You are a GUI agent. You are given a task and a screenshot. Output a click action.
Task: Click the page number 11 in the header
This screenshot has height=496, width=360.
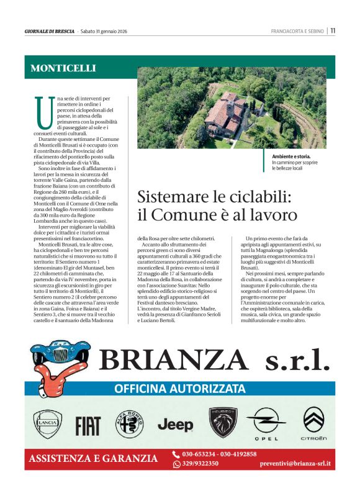coord(333,30)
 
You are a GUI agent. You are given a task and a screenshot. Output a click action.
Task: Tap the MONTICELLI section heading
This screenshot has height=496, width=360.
coord(63,68)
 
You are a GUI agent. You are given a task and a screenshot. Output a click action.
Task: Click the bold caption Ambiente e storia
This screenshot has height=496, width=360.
coord(290,157)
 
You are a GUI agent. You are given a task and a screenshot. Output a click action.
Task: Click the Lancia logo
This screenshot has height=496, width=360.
coord(48,425)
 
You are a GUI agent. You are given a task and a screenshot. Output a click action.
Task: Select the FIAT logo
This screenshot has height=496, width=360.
coord(88,426)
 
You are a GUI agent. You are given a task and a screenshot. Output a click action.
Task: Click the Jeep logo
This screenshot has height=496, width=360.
coord(175,425)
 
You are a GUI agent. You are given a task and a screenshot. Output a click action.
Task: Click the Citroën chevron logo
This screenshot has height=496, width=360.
coord(314,422)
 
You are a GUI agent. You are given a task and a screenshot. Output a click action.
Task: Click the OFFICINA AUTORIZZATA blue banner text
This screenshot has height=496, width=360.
coord(179,389)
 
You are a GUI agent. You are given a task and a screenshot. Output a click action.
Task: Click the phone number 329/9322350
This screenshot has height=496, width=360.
coord(200,464)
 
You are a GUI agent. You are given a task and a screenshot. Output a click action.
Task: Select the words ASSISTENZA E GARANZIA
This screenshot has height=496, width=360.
coord(92,459)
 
